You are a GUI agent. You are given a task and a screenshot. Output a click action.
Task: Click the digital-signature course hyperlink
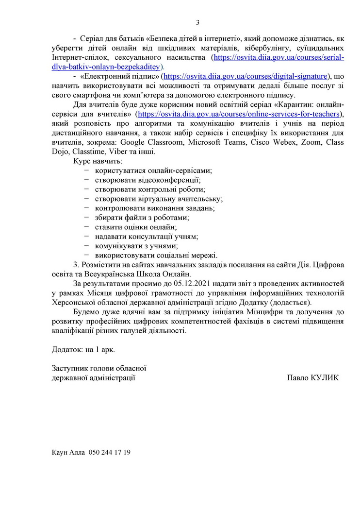(245, 76)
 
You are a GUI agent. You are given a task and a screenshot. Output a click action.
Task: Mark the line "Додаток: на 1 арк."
(83, 349)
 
